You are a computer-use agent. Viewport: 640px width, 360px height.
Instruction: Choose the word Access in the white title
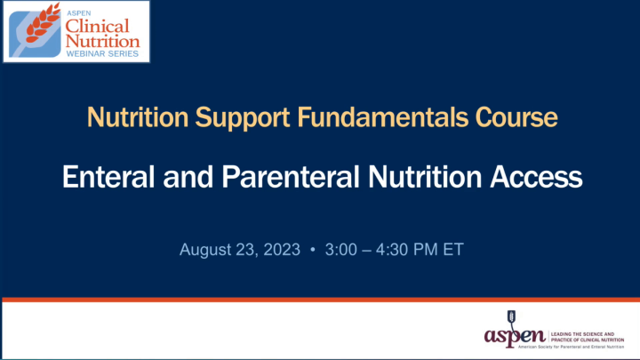point(538,177)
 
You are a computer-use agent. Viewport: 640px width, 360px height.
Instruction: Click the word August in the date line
point(206,250)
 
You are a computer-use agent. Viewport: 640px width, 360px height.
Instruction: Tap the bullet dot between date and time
point(313,250)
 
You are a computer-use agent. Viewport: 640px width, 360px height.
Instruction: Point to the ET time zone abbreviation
point(452,250)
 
